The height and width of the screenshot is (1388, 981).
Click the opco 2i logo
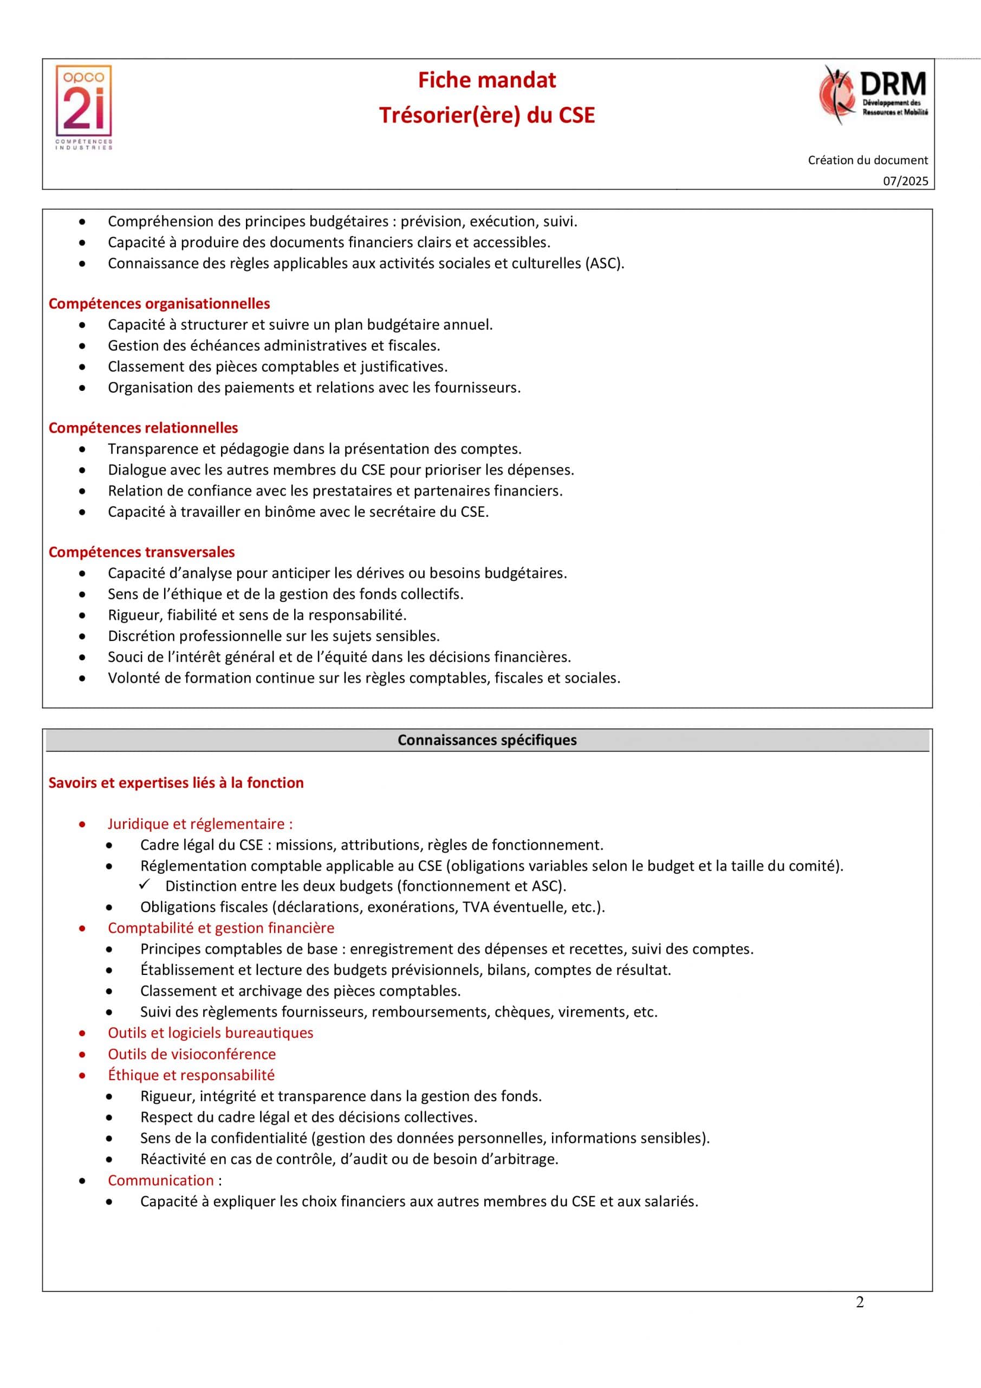(x=84, y=107)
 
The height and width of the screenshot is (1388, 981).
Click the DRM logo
(x=874, y=95)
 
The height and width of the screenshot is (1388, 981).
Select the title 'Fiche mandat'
(x=487, y=80)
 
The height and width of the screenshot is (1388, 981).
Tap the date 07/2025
(x=906, y=181)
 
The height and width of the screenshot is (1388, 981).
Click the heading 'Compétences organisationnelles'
(x=159, y=304)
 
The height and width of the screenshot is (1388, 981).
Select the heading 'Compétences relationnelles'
(x=143, y=428)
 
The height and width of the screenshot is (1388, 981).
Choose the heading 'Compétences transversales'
(x=141, y=552)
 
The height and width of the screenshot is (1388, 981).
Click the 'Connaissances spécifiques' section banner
(x=487, y=740)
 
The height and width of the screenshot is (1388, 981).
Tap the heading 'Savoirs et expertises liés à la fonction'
(x=176, y=783)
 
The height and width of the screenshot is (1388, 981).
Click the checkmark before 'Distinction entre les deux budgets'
(x=145, y=884)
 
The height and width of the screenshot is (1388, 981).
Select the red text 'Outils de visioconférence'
(x=192, y=1055)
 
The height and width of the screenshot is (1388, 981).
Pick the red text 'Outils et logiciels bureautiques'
(x=210, y=1033)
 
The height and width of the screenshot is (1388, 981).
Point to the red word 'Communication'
(x=161, y=1181)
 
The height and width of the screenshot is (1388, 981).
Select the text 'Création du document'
(x=867, y=160)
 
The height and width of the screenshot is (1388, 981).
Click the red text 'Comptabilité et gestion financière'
(x=220, y=928)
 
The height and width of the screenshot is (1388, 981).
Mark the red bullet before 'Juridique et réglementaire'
(x=82, y=825)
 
